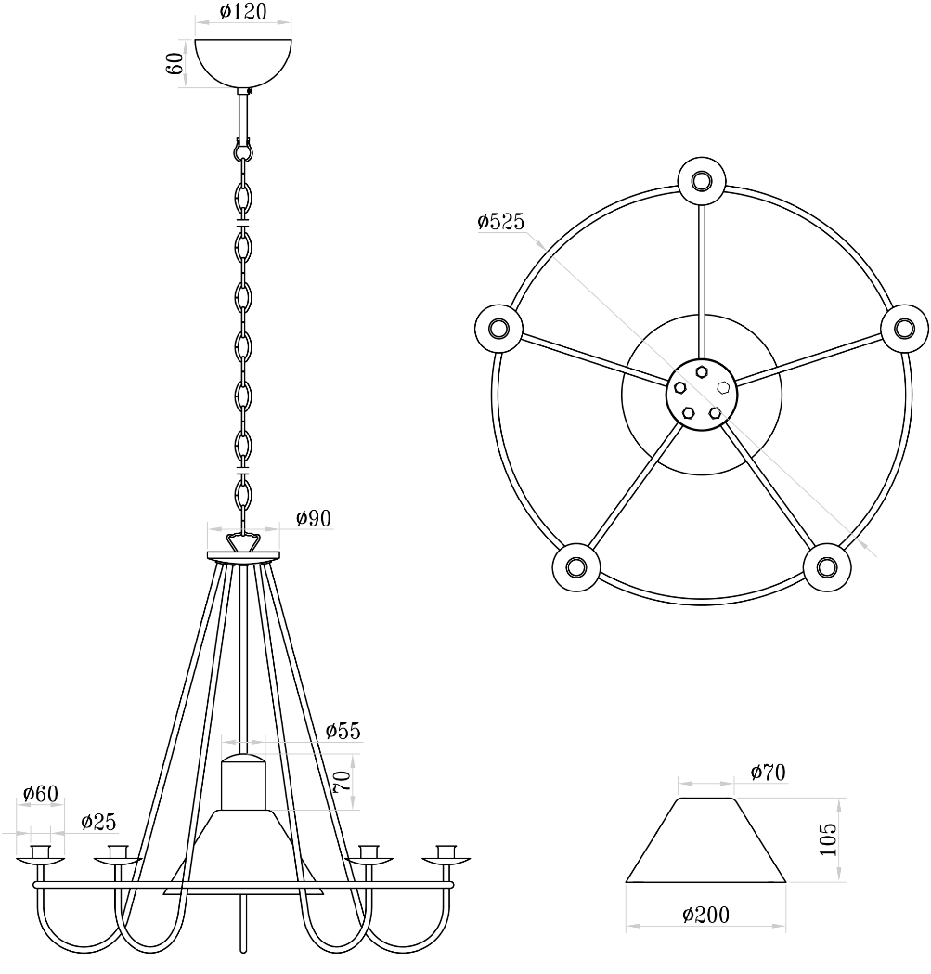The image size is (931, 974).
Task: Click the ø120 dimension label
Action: tap(243, 11)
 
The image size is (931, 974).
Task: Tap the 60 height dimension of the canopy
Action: tap(175, 63)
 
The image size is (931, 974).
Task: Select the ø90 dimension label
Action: tap(314, 518)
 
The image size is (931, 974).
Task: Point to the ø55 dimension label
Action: tap(343, 731)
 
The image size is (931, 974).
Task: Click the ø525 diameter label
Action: tap(500, 221)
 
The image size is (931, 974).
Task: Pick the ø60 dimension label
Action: tap(40, 793)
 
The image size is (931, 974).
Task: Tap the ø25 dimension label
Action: tap(98, 822)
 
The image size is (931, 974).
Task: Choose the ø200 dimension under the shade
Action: tap(705, 915)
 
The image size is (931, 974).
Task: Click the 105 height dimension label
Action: tap(829, 839)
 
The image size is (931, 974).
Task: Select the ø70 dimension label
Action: tap(769, 773)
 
